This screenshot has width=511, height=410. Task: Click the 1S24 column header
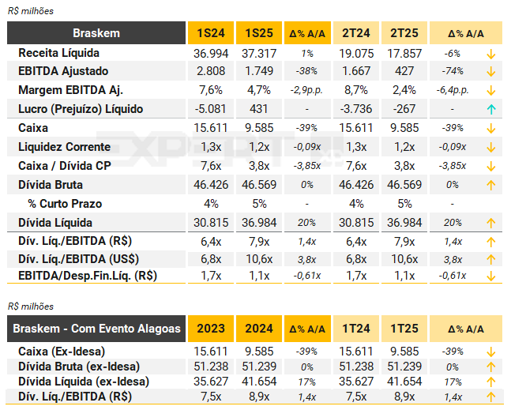(x=210, y=33)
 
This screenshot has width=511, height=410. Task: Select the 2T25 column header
(x=405, y=33)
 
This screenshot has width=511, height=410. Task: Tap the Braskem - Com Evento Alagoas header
(x=96, y=329)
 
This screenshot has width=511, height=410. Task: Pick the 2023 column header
(x=210, y=329)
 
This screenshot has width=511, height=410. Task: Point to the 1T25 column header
(x=405, y=329)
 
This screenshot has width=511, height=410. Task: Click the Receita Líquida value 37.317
(x=259, y=53)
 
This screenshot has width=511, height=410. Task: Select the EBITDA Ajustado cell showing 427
(x=405, y=71)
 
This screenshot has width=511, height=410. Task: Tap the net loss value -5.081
(x=210, y=109)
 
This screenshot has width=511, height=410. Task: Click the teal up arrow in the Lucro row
(x=490, y=109)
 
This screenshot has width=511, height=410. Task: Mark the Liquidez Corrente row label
(x=64, y=147)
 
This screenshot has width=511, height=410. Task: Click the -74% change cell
(x=453, y=71)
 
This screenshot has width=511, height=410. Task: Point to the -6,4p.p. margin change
(x=453, y=90)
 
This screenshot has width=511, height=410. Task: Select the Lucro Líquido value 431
(x=259, y=109)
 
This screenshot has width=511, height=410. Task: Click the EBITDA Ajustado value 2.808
(x=210, y=71)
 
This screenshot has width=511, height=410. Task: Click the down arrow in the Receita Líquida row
(x=490, y=53)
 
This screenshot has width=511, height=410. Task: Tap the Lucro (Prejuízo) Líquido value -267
(x=405, y=109)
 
